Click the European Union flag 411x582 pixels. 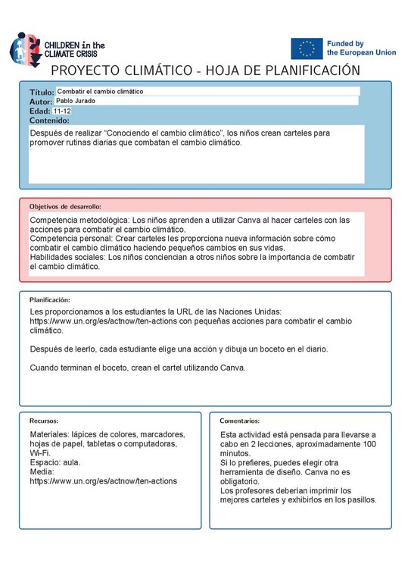tap(307, 48)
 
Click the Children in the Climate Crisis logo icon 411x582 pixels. tap(22, 48)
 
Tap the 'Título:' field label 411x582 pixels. tap(42, 92)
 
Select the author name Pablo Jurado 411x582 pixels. tap(78, 101)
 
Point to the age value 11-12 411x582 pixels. tap(63, 111)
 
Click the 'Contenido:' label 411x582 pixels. tap(49, 120)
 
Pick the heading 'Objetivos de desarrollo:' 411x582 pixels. tap(65, 205)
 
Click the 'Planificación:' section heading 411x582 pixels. tap(50, 299)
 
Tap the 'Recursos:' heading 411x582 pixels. tap(44, 420)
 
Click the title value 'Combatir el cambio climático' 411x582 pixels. tap(100, 91)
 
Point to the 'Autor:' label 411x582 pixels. tap(41, 102)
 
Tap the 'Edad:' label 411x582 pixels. tap(39, 111)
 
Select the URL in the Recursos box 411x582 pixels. tap(103, 480)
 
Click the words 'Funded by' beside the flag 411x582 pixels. tap(345, 44)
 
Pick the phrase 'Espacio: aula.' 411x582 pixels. tap(54, 462)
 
